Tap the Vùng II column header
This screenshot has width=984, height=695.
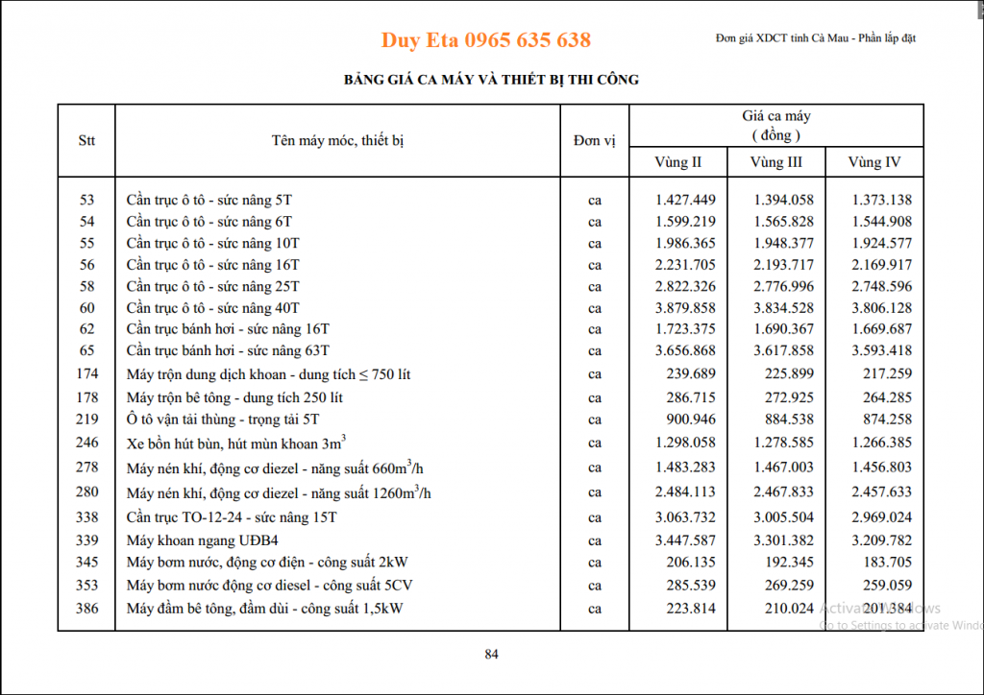pyautogui.click(x=677, y=162)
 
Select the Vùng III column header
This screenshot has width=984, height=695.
pyautogui.click(x=775, y=162)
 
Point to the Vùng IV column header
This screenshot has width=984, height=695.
pyautogui.click(x=873, y=162)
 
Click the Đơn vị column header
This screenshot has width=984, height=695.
pyautogui.click(x=594, y=141)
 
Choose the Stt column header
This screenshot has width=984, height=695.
pyautogui.click(x=86, y=141)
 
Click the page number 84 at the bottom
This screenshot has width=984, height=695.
pyautogui.click(x=492, y=655)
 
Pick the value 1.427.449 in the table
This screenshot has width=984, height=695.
pyautogui.click(x=685, y=200)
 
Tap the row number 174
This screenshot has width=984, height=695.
pyautogui.click(x=86, y=373)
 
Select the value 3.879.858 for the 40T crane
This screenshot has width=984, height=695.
pyautogui.click(x=685, y=307)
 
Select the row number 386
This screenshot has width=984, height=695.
pyautogui.click(x=86, y=608)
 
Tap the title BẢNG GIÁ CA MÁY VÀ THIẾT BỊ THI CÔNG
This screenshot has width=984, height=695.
pyautogui.click(x=491, y=80)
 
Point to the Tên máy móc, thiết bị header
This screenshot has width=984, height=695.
pyautogui.click(x=337, y=141)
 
